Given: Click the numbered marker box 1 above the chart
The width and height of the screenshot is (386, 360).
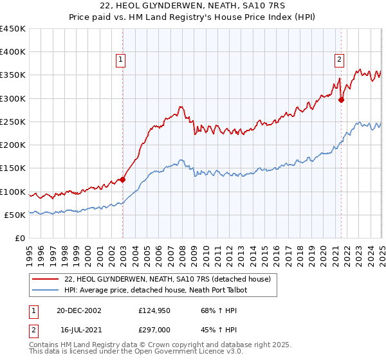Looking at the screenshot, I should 120,60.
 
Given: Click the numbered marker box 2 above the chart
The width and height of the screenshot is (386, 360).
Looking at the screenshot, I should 339,60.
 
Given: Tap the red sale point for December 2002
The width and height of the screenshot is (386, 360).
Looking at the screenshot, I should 122,180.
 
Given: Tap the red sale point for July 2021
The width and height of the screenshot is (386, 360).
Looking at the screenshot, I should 341,100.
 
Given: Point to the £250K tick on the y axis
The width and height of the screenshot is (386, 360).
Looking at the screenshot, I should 13,122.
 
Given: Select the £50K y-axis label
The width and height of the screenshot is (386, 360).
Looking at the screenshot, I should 15,215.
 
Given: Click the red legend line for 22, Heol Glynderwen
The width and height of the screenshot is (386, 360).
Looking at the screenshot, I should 45,279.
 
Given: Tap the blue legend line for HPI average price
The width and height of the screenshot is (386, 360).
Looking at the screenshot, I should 45,290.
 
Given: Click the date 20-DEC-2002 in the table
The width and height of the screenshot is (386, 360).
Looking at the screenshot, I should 78,310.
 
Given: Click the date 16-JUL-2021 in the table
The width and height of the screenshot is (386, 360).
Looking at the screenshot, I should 78,330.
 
